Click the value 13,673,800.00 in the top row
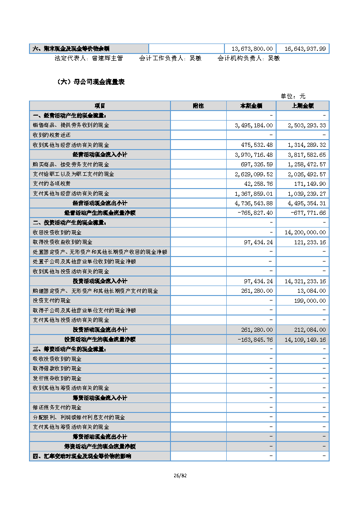point(252,48)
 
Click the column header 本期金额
point(251,106)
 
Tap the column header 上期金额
point(302,106)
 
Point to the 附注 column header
point(198,106)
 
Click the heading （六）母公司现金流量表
point(90,82)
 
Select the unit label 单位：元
point(293,96)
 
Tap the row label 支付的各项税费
point(52,184)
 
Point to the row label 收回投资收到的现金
point(57,232)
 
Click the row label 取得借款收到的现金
point(57,368)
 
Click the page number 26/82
point(180,475)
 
